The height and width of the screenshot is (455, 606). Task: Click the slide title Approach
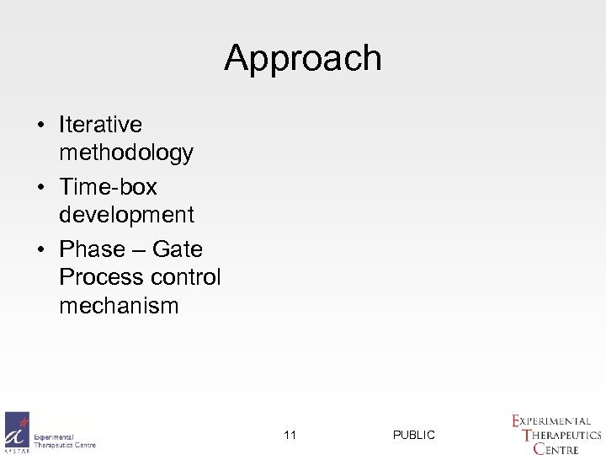click(x=303, y=58)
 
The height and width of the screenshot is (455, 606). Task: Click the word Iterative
click(x=100, y=125)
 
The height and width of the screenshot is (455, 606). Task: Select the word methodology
click(x=126, y=154)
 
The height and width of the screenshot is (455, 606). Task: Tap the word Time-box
click(x=108, y=185)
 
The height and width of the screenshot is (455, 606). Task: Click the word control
click(x=186, y=276)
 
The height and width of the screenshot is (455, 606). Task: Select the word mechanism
click(x=119, y=306)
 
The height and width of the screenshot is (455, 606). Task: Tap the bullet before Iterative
click(x=41, y=126)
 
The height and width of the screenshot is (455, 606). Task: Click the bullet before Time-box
click(x=41, y=186)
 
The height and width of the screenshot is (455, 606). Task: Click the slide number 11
click(x=290, y=435)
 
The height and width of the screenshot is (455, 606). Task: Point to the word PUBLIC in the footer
click(x=414, y=435)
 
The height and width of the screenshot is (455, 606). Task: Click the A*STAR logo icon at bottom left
click(x=17, y=432)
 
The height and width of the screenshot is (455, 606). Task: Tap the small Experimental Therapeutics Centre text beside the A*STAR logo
click(x=65, y=441)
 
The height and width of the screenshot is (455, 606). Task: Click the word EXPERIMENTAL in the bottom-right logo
click(x=555, y=420)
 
